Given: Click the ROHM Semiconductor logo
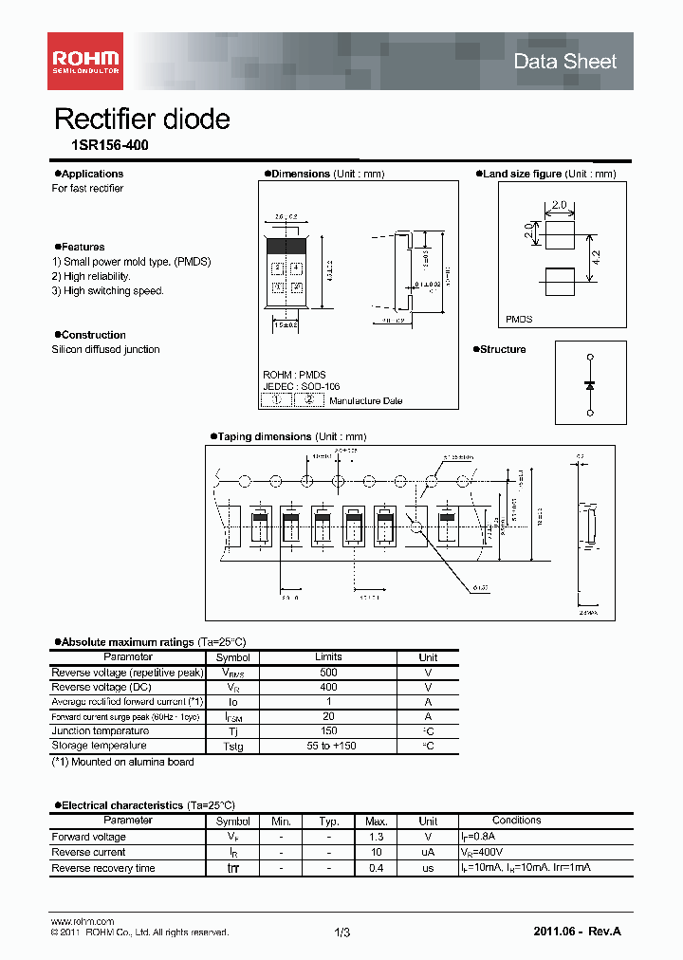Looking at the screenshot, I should pos(85,62).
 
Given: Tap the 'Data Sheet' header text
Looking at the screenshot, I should pos(564,62).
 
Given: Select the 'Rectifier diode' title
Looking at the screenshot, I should pos(142,120).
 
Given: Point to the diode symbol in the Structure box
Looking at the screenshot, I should pos(590,385).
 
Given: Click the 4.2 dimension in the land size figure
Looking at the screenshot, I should pos(596,255).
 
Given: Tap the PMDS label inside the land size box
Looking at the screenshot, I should pos(520,320).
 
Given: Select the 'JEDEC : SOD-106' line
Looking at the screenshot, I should pos(301,387).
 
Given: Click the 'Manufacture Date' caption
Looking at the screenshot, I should pos(365,401).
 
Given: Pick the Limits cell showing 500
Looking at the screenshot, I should pos(328,673).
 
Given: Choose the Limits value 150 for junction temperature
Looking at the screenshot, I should pos(328,731).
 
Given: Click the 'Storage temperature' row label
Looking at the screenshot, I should pos(100,747).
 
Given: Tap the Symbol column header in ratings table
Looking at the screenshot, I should pos(232,657).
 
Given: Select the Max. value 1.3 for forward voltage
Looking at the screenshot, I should pos(376,837).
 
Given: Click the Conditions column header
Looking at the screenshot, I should pos(516,821).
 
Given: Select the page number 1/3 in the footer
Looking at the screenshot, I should pos(342,933).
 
